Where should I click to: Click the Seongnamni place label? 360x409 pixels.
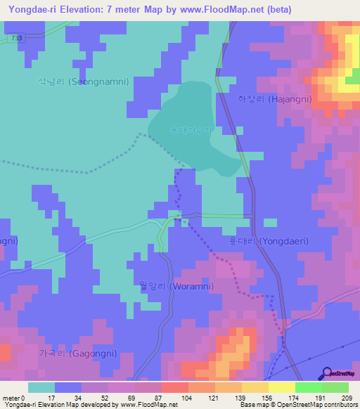click(84, 82)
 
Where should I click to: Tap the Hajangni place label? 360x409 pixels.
click(264, 100)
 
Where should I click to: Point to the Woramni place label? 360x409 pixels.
click(177, 286)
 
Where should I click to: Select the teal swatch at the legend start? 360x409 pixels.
click(41, 387)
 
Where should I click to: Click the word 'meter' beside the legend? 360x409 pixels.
click(11, 398)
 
